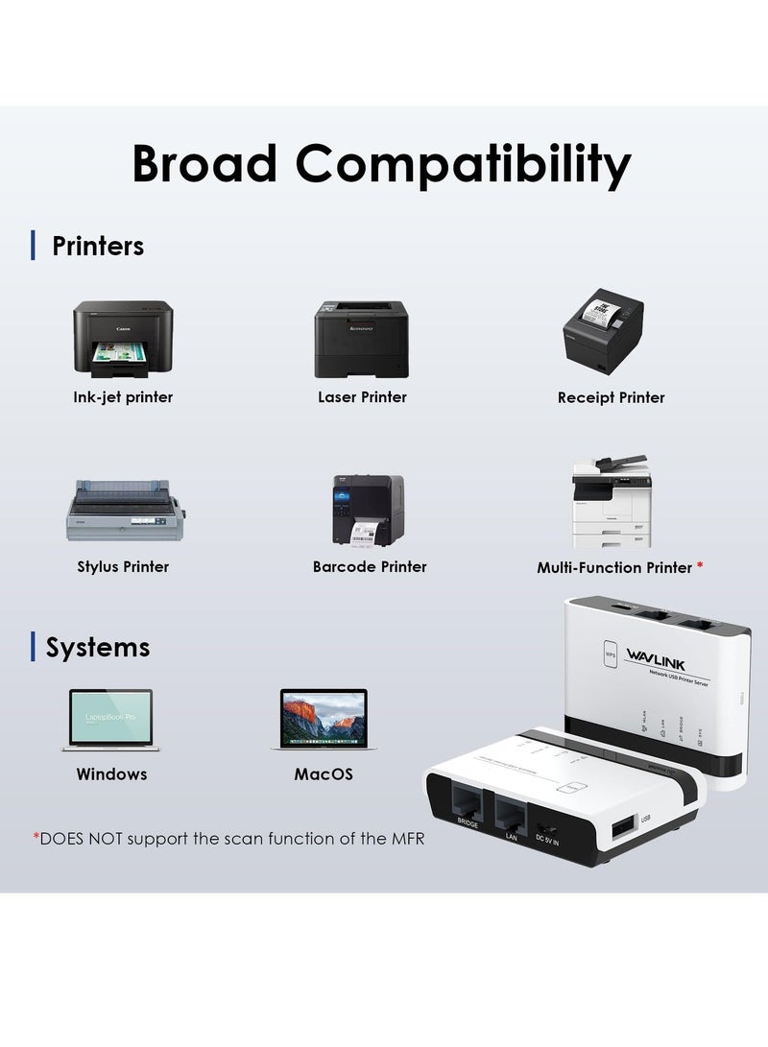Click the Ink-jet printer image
[123, 338]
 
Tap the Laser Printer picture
[362, 338]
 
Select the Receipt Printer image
[603, 331]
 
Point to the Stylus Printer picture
[123, 511]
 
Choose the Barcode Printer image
[368, 511]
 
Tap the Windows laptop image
[111, 719]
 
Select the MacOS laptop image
[324, 719]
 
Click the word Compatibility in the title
[463, 164]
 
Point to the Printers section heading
[97, 246]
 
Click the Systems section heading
[97, 647]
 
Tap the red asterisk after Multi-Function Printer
[700, 567]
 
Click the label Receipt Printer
[611, 397]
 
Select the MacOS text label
[324, 773]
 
